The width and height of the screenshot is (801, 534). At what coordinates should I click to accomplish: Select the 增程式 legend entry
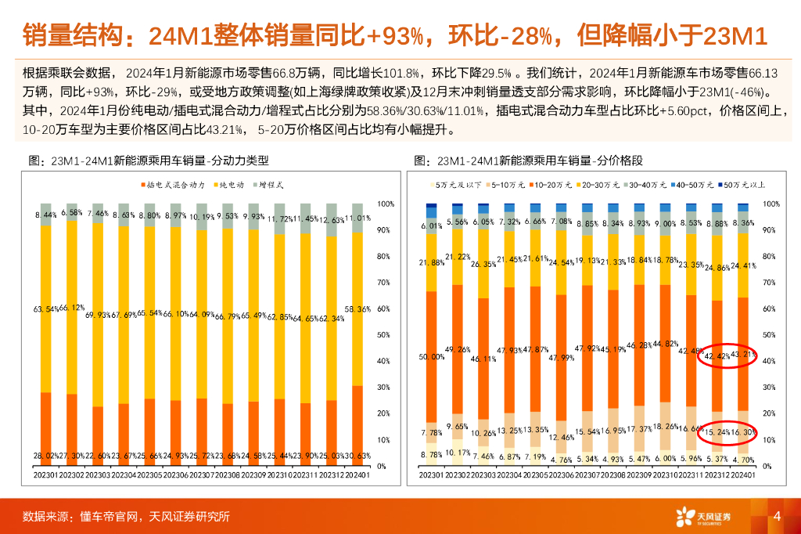[271, 185]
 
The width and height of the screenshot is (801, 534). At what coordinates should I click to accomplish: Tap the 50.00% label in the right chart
[432, 356]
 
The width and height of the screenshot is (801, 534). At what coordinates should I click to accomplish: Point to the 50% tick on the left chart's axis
[384, 335]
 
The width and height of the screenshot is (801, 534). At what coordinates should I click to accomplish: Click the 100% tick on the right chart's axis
[770, 204]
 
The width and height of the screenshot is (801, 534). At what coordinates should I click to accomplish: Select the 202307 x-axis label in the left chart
[204, 474]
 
